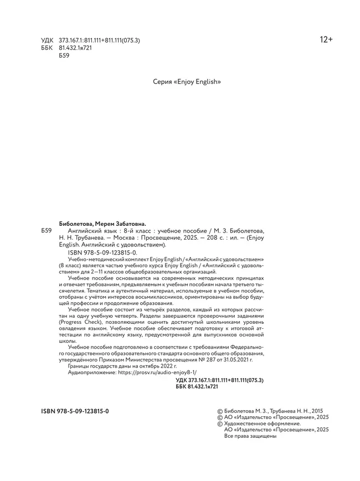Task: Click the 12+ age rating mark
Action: (326, 40)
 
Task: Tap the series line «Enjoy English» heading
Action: (187, 81)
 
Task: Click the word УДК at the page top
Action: (48, 41)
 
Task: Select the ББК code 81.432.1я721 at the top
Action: (75, 49)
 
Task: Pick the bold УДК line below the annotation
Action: (219, 381)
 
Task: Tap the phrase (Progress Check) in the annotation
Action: (91, 321)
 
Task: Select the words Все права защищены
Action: (250, 436)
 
